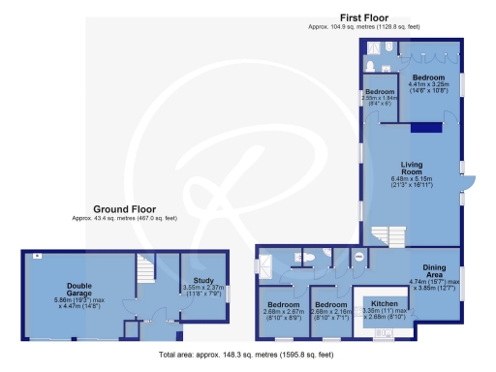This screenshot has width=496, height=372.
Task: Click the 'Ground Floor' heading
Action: tap(120, 209)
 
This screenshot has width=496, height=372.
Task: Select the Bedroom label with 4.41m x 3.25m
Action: tap(427, 77)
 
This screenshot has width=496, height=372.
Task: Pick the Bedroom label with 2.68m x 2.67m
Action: tap(284, 306)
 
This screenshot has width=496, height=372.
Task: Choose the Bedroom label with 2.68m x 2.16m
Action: tap(330, 306)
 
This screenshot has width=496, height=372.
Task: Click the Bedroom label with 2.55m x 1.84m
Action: tap(380, 92)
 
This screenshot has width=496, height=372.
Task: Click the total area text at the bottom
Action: tap(246, 356)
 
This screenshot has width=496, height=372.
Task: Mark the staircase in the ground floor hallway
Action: tap(146, 270)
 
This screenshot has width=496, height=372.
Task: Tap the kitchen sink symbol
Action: tap(386, 335)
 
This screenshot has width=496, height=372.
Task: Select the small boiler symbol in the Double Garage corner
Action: tap(36, 256)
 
